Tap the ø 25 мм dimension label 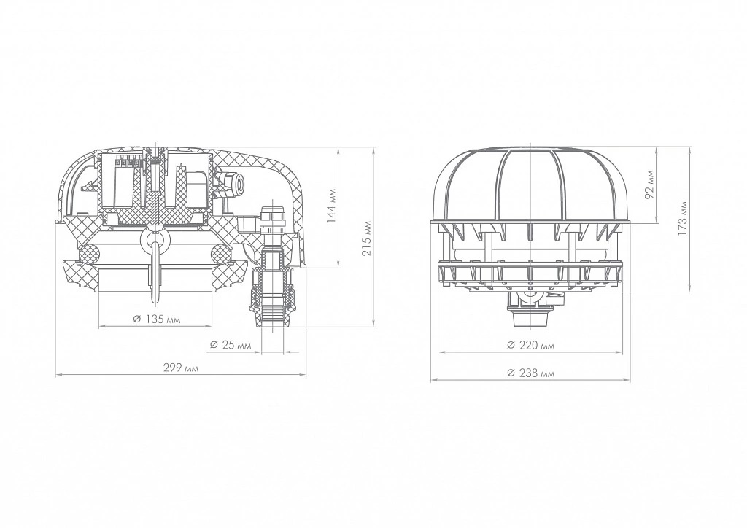230,345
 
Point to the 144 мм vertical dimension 332,206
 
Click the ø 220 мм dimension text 531,345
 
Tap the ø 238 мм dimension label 531,373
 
